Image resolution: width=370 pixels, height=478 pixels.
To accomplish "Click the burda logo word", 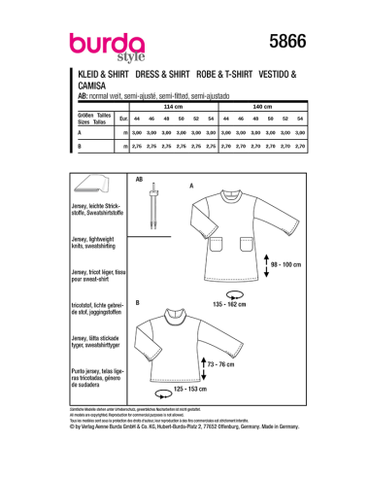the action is point(103,42).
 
